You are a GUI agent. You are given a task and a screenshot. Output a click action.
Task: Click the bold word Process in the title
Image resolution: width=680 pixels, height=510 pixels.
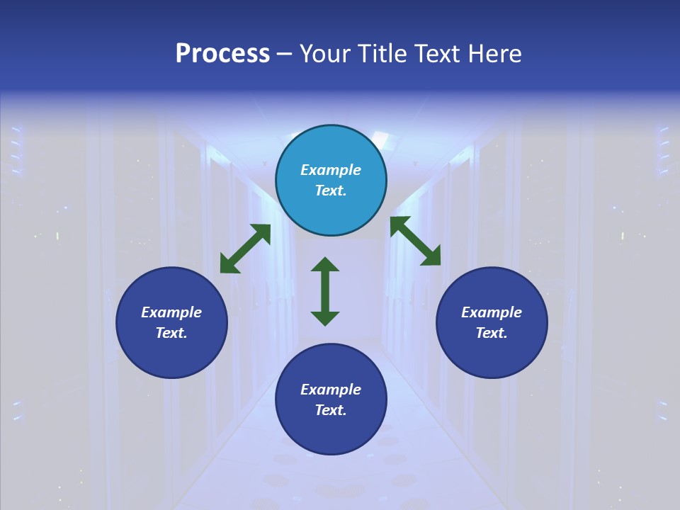pyautogui.click(x=222, y=54)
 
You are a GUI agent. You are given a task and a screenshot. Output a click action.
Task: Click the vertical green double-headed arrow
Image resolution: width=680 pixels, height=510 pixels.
pyautogui.click(x=325, y=291)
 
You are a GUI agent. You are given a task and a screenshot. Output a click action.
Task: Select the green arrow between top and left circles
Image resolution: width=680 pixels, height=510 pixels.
pyautogui.click(x=245, y=249)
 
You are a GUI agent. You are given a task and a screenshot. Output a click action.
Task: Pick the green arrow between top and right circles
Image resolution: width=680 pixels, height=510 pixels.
pyautogui.click(x=416, y=241)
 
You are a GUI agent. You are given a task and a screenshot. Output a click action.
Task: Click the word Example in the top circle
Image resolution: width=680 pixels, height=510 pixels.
pyautogui.click(x=331, y=170)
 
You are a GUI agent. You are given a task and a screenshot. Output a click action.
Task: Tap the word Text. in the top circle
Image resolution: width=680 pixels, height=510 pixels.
pyautogui.click(x=331, y=191)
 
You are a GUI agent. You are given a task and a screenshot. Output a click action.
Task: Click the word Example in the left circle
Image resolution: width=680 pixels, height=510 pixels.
pyautogui.click(x=171, y=312)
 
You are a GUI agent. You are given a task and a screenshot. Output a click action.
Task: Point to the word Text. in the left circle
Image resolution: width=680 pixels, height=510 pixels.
pyautogui.click(x=171, y=333)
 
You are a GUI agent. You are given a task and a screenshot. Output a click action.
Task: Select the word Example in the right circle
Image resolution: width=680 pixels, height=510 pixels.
pyautogui.click(x=492, y=312)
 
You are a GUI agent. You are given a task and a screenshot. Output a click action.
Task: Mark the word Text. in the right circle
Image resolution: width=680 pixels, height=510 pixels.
pyautogui.click(x=492, y=333)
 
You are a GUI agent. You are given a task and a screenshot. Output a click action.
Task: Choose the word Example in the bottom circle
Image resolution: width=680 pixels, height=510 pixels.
pyautogui.click(x=331, y=390)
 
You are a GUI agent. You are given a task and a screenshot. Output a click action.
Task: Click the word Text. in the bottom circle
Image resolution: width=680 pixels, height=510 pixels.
pyautogui.click(x=331, y=410)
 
